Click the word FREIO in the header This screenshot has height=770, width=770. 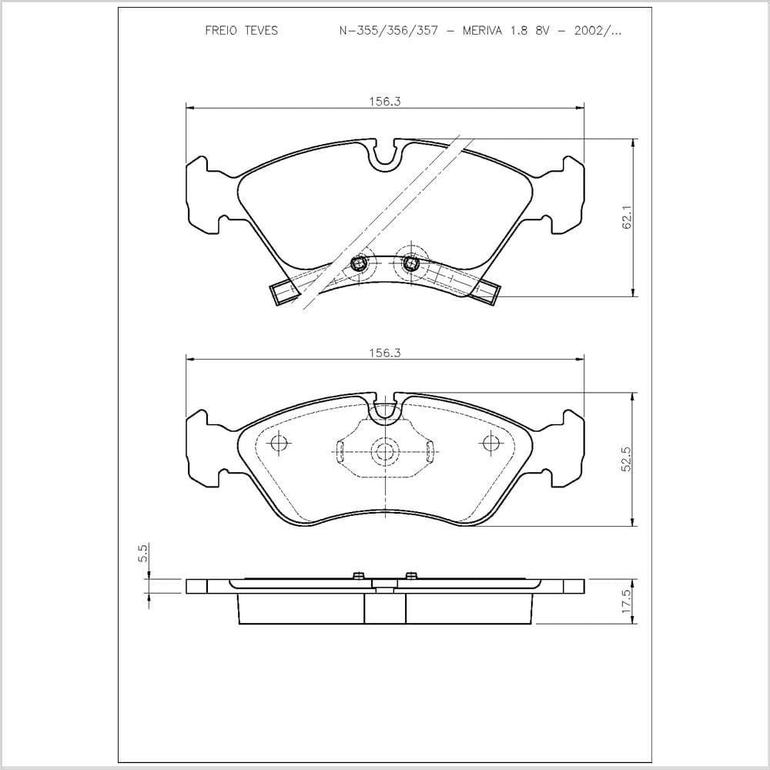click(221, 31)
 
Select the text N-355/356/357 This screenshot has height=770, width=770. click(388, 31)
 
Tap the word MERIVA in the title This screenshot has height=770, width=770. click(482, 31)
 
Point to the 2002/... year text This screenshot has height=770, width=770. click(598, 31)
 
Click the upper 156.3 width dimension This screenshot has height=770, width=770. click(385, 102)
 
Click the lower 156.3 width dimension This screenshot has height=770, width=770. click(385, 353)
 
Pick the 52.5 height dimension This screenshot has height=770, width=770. click(627, 459)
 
